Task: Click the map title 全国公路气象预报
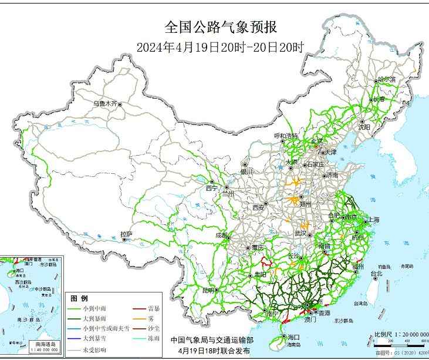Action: pyautogui.click(x=220, y=28)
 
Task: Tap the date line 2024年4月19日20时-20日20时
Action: pyautogui.click(x=220, y=47)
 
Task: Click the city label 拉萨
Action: pyautogui.click(x=126, y=234)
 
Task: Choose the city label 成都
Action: pyautogui.click(x=221, y=235)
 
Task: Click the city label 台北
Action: pyautogui.click(x=376, y=273)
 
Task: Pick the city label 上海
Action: pyautogui.click(x=373, y=220)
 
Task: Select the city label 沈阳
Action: pyautogui.click(x=364, y=126)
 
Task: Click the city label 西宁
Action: pyautogui.click(x=211, y=188)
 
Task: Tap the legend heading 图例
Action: pyautogui.click(x=79, y=298)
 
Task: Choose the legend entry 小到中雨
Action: pyautogui.click(x=95, y=308)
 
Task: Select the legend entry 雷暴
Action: pyautogui.click(x=155, y=308)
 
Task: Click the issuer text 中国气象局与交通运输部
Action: pyautogui.click(x=212, y=340)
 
